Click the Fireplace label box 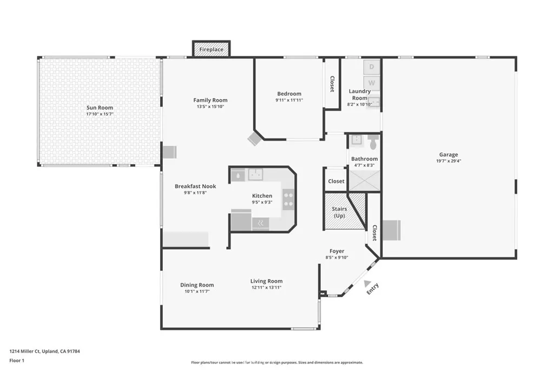pos(211,49)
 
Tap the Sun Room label pos(100,108)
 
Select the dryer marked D pos(371,67)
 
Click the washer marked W pos(371,83)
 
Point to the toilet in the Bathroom pos(373,142)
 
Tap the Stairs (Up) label pos(339,212)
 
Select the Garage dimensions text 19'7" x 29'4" pos(449,161)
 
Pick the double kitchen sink pos(255,174)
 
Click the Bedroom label pos(289,94)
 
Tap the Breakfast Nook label pos(195,186)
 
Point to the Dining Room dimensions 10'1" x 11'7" pos(197,291)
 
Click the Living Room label pos(266,281)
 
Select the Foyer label pos(337,251)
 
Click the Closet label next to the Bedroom pos(332,84)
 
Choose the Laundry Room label pos(360,95)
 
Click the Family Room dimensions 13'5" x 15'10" pos(210,107)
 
